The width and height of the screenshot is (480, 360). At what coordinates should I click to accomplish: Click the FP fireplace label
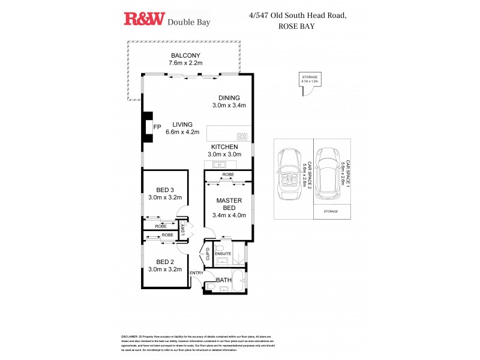[x=157, y=127]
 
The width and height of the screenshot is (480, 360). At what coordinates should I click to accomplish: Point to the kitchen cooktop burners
[x=242, y=136]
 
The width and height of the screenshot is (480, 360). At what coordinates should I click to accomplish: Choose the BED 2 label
[x=164, y=262]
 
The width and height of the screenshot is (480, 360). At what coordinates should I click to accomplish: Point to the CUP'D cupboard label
[x=208, y=253]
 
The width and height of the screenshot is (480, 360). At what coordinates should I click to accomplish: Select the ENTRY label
[x=196, y=274]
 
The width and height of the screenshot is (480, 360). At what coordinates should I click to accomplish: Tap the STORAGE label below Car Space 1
[x=331, y=212]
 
